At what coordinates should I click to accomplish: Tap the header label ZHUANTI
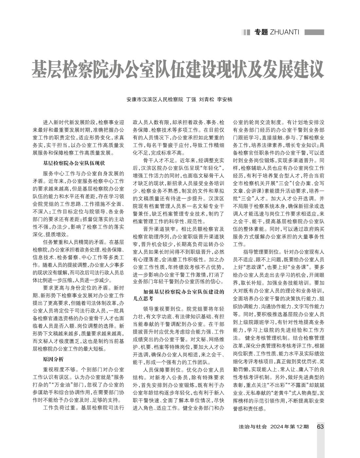(x=284, y=32)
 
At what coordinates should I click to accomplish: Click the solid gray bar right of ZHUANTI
(x=314, y=32)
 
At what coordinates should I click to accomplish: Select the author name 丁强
(x=191, y=99)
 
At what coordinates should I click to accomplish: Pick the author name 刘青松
(x=207, y=99)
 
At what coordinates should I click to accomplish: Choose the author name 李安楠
(x=225, y=99)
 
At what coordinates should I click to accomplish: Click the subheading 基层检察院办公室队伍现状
(x=74, y=163)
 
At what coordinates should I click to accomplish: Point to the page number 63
(x=320, y=427)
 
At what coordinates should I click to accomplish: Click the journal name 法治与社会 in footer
(x=253, y=427)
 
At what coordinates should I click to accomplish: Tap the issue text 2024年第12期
(x=289, y=427)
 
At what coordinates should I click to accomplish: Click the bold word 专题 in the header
(x=261, y=32)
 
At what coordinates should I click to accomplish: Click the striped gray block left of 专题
(x=245, y=32)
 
